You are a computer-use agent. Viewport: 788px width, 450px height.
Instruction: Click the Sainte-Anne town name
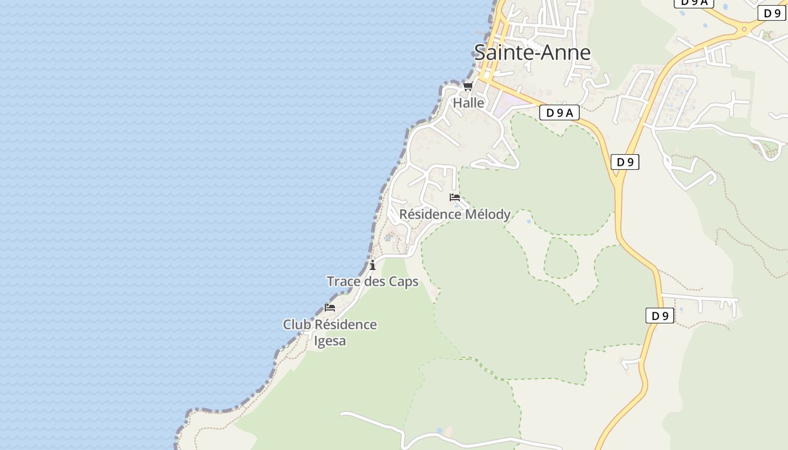(532, 52)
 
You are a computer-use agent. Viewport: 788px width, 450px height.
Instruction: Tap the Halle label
(468, 103)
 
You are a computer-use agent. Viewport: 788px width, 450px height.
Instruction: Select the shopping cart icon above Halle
(468, 86)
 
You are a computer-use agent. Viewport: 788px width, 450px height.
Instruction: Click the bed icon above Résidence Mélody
(455, 197)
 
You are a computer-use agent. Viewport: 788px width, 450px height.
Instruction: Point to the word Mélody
(488, 214)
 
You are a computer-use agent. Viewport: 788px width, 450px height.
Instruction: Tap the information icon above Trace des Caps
(373, 265)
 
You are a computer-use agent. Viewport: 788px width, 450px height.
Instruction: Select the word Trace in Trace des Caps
(343, 281)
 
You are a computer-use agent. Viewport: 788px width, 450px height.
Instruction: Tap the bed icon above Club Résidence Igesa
(330, 307)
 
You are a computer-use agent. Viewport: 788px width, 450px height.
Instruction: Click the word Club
(297, 325)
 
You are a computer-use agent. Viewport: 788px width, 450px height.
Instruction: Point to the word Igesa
(330, 341)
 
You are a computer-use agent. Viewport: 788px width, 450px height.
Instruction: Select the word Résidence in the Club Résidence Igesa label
(346, 325)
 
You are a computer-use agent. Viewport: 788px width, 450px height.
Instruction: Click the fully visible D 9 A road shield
(559, 112)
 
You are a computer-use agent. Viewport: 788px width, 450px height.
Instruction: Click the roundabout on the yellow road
(744, 29)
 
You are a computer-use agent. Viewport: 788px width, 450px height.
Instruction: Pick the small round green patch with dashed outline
(561, 258)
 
